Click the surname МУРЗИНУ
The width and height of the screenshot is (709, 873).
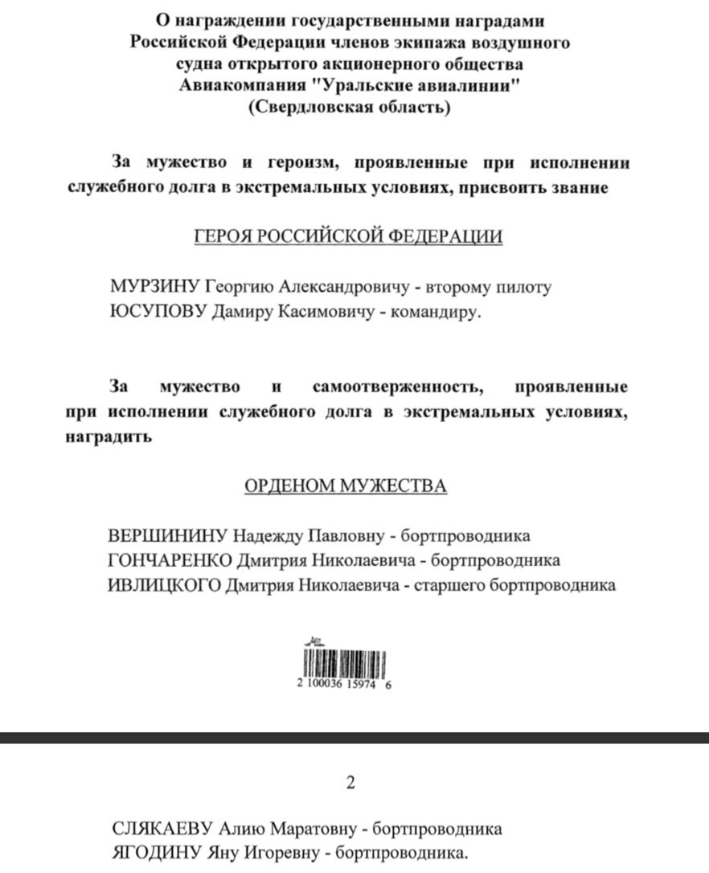click(x=154, y=288)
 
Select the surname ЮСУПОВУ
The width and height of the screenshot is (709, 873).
click(x=157, y=312)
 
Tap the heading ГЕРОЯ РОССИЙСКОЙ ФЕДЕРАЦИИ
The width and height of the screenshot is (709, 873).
click(x=350, y=237)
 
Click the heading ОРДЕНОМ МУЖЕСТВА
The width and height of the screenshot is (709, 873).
click(x=346, y=486)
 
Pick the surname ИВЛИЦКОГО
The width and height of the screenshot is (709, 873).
click(x=163, y=585)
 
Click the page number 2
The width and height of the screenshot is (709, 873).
click(x=350, y=784)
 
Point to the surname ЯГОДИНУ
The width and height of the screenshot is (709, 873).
click(x=157, y=853)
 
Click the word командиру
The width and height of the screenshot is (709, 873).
click(x=435, y=313)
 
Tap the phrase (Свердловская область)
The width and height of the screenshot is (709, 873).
click(x=350, y=108)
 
